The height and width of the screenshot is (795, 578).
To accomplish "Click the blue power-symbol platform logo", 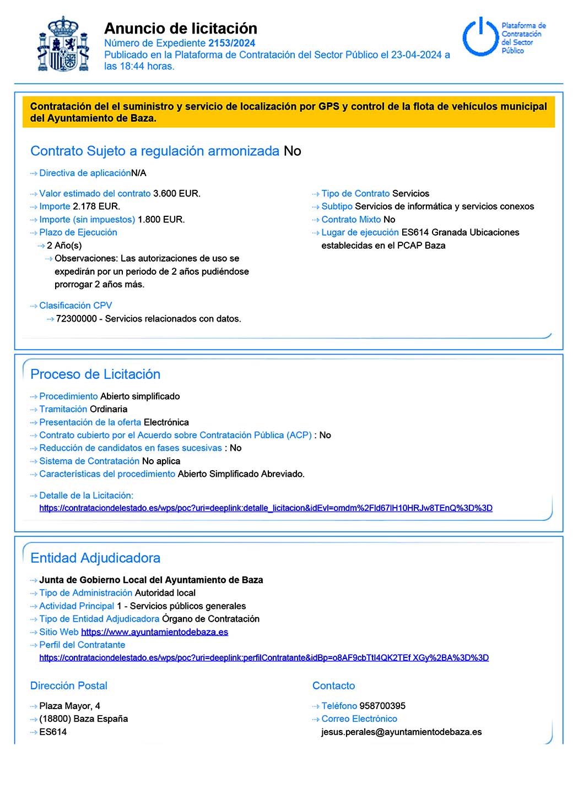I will (x=480, y=37).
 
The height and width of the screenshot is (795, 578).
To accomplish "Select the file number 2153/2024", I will (x=231, y=43).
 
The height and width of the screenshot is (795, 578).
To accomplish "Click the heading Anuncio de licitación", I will (x=181, y=28).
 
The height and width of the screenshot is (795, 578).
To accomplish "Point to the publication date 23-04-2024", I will (x=417, y=55).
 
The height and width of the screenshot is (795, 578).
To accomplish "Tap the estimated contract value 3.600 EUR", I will (x=176, y=194).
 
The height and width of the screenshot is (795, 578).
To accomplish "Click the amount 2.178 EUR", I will (x=96, y=206).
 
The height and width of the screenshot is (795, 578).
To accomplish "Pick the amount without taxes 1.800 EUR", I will (x=161, y=220).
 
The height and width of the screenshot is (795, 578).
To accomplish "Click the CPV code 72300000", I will (x=77, y=319).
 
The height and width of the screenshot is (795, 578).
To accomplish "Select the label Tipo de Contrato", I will (x=355, y=194).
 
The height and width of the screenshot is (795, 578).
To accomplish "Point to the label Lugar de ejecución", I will (x=360, y=232).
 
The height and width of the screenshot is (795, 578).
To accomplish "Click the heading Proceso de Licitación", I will (x=95, y=374).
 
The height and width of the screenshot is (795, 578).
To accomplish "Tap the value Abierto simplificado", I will (x=140, y=396).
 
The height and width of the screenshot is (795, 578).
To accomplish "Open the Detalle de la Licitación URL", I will (x=266, y=508).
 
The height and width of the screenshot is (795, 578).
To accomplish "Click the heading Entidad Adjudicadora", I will (x=95, y=558).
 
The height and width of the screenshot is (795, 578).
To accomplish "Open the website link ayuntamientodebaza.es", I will (x=154, y=632).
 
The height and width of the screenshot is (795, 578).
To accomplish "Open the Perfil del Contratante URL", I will (x=264, y=658).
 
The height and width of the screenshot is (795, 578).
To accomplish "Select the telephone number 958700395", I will (x=382, y=706).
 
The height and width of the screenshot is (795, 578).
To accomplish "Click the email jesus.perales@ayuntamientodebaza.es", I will (x=401, y=732).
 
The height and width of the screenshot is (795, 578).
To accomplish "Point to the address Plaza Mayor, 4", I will (x=69, y=706).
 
